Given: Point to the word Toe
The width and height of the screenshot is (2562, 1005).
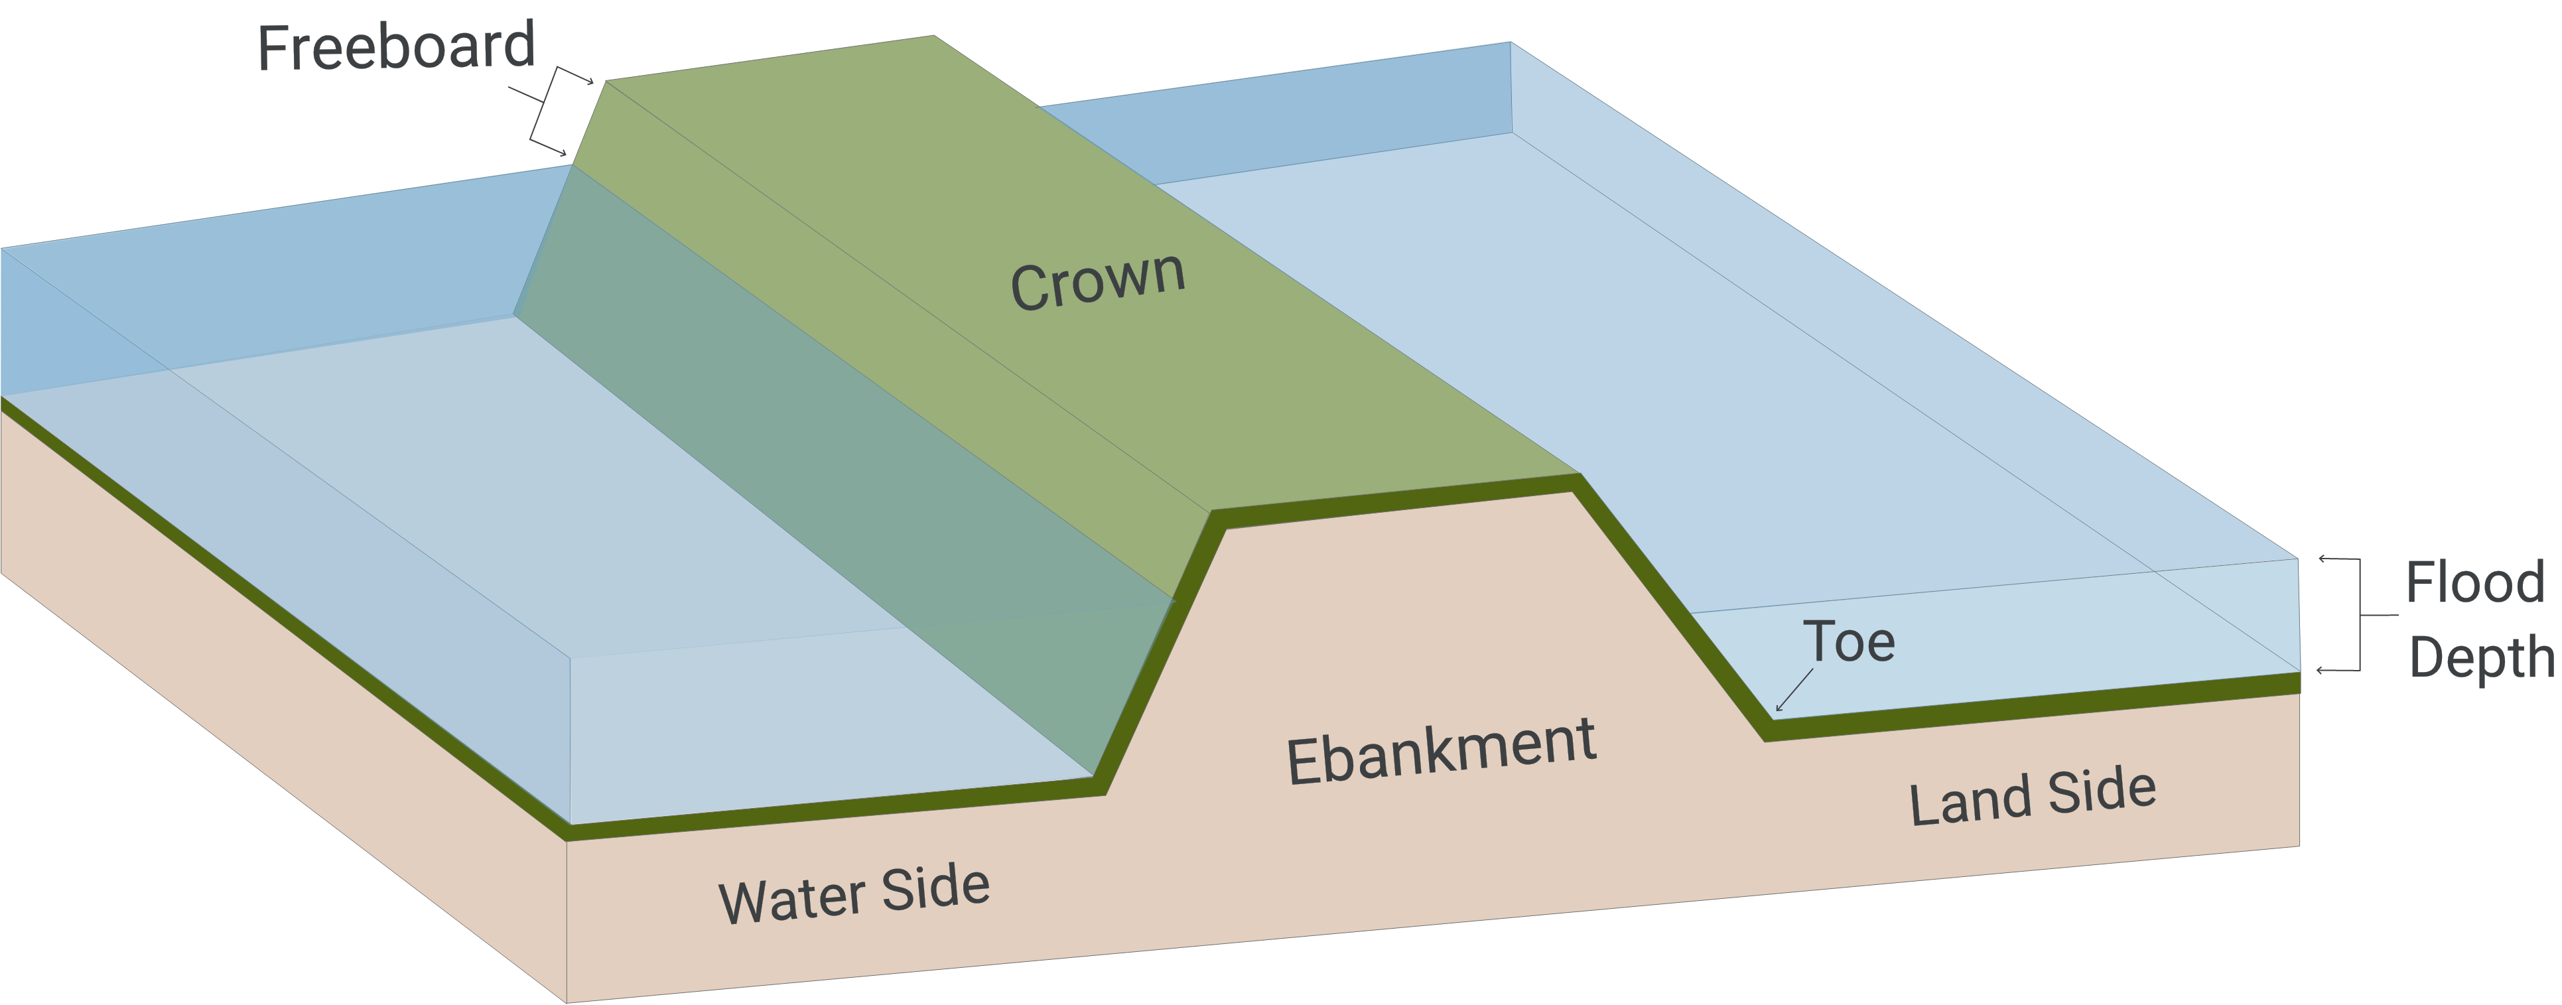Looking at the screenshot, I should tap(1849, 642).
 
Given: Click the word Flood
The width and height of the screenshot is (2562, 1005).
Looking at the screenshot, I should tap(2474, 582).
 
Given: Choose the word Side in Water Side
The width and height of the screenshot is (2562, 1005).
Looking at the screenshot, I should tap(935, 888).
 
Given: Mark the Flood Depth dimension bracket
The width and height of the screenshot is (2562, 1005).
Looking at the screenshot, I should tap(2356, 614).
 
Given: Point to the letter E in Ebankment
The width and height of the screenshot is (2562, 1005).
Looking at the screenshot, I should tap(1303, 764).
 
